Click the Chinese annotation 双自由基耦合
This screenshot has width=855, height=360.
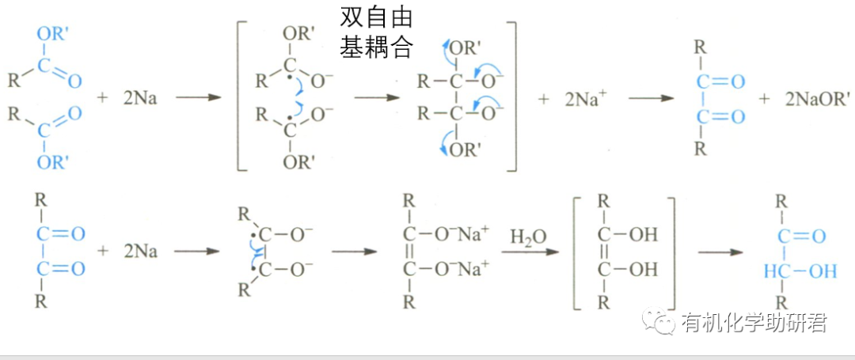pos(377,33)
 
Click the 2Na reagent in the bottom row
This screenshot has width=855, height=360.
pos(140,252)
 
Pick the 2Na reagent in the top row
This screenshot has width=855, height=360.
pos(140,99)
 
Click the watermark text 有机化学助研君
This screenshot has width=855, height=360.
pos(753,322)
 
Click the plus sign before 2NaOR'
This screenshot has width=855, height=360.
pos(764,99)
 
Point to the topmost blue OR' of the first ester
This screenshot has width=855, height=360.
pos(52,34)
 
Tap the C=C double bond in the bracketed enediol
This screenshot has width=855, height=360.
pos(605,252)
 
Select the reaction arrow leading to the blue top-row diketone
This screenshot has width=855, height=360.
pos(651,99)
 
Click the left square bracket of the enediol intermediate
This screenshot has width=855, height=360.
pos(576,252)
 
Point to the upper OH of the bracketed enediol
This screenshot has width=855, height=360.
pos(642,235)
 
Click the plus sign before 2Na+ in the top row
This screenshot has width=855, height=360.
pos(543,99)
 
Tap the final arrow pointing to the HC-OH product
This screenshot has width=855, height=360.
pos(720,252)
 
